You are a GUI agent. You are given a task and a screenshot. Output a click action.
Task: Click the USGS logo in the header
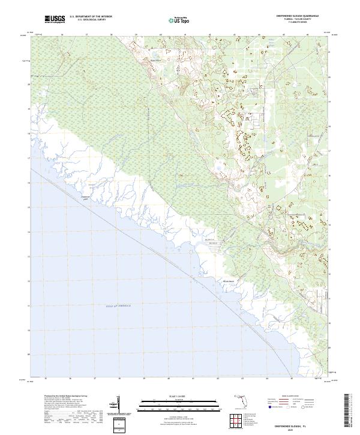[x=55, y=19]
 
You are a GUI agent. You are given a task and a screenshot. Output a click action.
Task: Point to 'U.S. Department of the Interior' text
[x=91, y=17]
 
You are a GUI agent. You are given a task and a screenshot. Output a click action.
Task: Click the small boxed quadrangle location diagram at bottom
[x=118, y=425]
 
